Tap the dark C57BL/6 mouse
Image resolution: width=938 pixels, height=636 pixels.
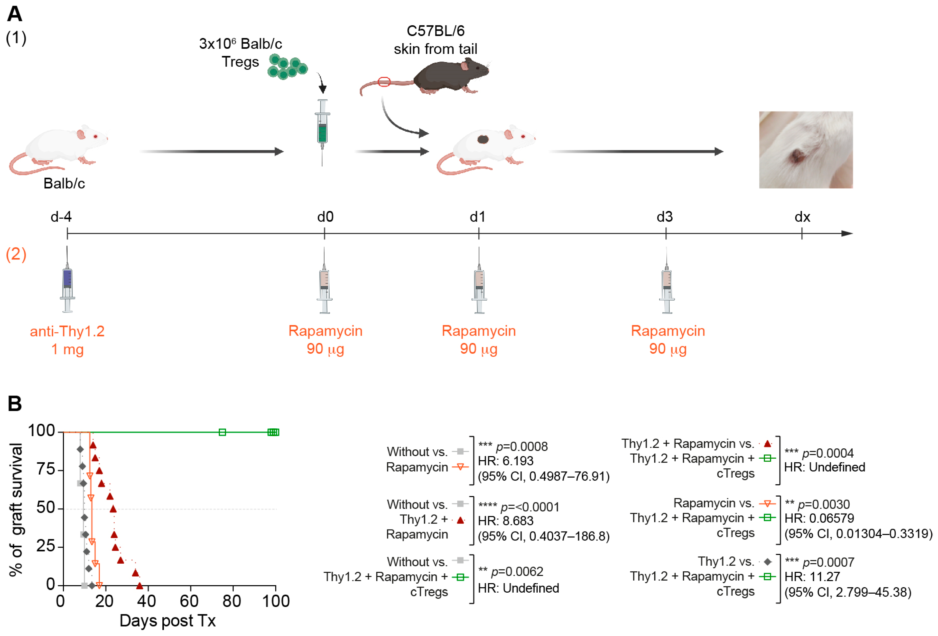448,77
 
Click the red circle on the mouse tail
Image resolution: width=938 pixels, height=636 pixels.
384,82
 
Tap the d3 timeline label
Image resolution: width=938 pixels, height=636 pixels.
664,217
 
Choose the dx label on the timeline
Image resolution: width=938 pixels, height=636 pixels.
802,217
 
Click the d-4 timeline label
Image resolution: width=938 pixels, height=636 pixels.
61,217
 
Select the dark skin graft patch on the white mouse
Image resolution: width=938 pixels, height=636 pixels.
483,140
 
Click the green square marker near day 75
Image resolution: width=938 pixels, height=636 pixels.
222,432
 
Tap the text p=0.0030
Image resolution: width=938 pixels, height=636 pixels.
823,504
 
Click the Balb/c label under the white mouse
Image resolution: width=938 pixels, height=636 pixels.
64,184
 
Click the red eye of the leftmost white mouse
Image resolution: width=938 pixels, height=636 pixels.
96,136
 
